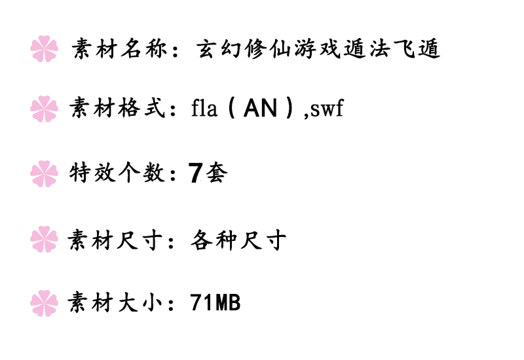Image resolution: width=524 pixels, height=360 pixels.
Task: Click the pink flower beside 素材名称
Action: click(45, 49)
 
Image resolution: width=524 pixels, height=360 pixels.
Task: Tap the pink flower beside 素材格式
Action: click(45, 109)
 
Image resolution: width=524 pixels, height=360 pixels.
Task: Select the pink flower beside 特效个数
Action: click(45, 173)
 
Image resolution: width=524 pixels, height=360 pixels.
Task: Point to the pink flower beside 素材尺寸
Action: click(45, 238)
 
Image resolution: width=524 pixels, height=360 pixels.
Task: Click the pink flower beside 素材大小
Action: click(45, 303)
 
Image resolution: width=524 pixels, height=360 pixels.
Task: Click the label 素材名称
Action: click(117, 49)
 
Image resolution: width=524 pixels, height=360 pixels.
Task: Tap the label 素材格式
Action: click(115, 109)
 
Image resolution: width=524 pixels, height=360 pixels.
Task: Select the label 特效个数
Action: click(115, 173)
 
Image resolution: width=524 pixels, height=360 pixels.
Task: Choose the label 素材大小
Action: click(115, 303)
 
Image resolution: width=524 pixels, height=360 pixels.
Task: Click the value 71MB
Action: click(215, 303)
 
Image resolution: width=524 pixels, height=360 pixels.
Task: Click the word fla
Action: click(204, 109)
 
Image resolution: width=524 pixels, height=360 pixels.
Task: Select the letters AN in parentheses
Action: click(260, 109)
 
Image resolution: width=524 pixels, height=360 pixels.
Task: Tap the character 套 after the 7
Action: click(217, 173)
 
